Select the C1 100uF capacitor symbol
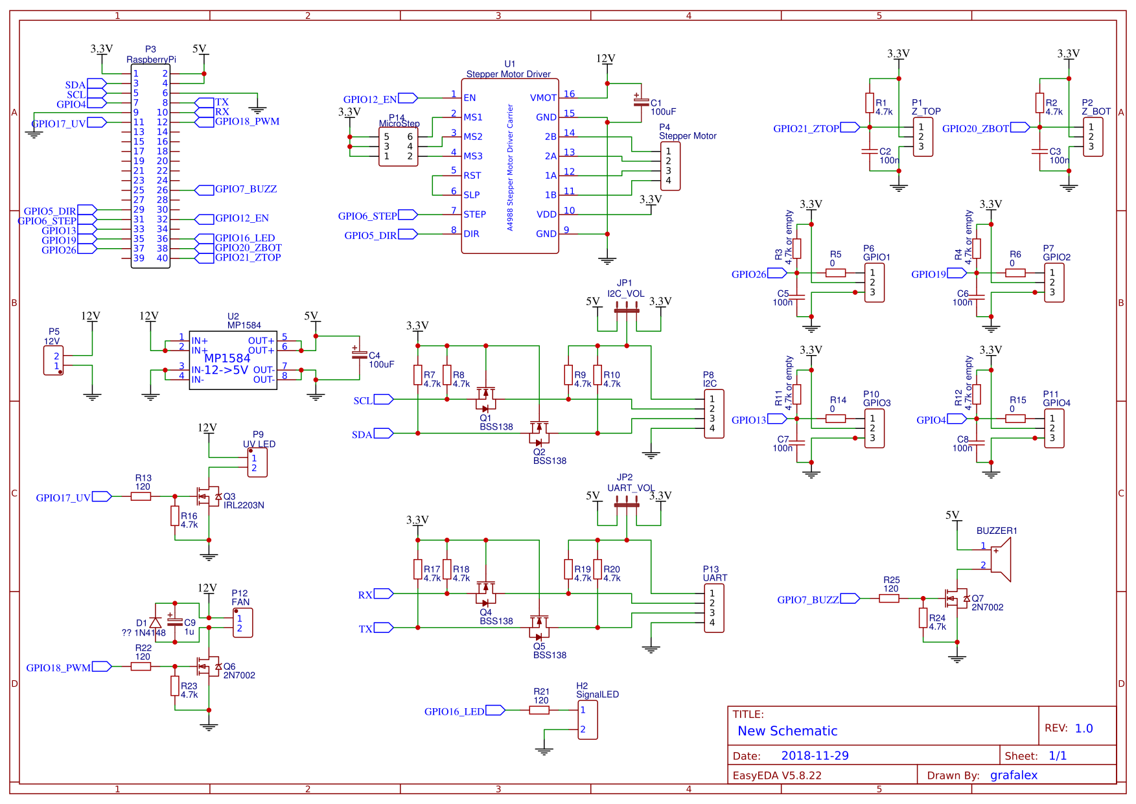pos(641,102)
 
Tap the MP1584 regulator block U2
pos(233,360)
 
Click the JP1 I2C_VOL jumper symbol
pos(627,310)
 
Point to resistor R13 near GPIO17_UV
pos(141,496)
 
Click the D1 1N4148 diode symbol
pos(156,623)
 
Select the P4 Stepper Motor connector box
pos(670,167)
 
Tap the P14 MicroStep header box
pos(398,147)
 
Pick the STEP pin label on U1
pos(474,214)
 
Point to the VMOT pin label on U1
pos(543,98)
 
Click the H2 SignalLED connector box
pos(587,719)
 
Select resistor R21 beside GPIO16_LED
pos(539,710)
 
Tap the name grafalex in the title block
pos(1014,775)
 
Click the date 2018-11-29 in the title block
pos(815,755)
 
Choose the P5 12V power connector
pos(54,361)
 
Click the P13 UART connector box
pos(713,608)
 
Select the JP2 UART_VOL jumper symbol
pos(627,505)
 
